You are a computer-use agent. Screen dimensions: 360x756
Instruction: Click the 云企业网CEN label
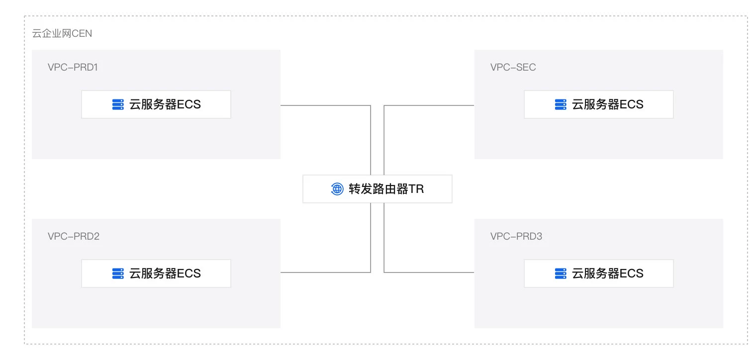click(x=62, y=34)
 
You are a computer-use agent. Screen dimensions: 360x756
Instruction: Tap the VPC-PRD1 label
click(x=73, y=67)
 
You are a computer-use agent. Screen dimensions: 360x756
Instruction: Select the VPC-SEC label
click(x=513, y=67)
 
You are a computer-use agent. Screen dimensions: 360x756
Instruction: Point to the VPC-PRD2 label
click(x=74, y=236)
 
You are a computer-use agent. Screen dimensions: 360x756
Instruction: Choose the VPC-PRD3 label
click(x=516, y=236)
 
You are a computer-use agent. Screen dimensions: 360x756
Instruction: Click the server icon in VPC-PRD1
click(x=118, y=104)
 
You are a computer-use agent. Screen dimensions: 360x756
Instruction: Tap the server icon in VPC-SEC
click(x=561, y=104)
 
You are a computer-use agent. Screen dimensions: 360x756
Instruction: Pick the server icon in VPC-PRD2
click(x=118, y=273)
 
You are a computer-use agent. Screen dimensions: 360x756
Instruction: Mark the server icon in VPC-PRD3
click(x=561, y=273)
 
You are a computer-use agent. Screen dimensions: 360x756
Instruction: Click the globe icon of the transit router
click(x=337, y=189)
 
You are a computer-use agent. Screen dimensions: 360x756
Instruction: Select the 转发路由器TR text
click(x=386, y=189)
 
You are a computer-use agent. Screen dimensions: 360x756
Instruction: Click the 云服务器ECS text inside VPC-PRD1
click(x=165, y=104)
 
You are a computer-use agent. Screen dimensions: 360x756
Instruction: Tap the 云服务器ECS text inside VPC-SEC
click(x=608, y=104)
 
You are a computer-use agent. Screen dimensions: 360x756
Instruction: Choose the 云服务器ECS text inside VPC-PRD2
click(x=165, y=273)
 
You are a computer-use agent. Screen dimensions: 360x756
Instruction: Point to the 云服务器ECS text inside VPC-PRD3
click(x=608, y=273)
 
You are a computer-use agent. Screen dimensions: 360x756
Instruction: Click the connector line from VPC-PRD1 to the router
click(x=326, y=105)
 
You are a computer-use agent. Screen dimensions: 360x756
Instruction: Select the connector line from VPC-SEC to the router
click(x=429, y=105)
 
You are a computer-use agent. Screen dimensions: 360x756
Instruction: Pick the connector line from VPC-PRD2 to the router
click(x=326, y=272)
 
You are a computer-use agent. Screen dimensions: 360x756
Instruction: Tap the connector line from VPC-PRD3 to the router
click(x=429, y=272)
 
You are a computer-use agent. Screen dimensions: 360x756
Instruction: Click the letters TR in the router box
click(x=416, y=189)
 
